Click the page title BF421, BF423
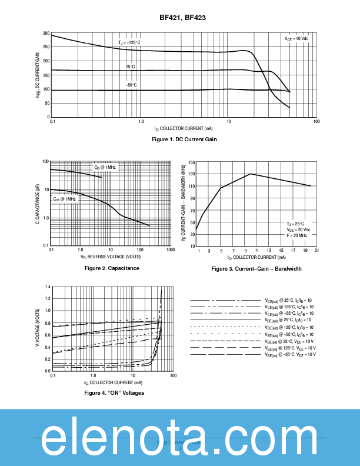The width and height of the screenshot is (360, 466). tap(182, 18)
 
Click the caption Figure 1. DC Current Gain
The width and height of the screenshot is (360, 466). tap(184, 139)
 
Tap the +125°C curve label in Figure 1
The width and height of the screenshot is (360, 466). tap(129, 43)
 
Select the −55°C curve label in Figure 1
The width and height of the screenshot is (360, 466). tap(131, 85)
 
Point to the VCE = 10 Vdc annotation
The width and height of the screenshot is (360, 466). tap(296, 38)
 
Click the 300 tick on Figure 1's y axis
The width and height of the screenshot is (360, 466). tap(46, 33)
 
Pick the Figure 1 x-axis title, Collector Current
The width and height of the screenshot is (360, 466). tap(184, 128)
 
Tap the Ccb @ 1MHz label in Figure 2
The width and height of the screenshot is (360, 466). tap(65, 199)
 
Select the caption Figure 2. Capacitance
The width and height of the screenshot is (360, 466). tap(112, 268)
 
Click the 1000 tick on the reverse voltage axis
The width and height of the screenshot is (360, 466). tap(170, 250)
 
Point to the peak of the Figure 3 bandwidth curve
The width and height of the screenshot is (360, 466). tap(251, 174)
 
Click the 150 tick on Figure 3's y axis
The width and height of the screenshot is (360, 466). tap(192, 162)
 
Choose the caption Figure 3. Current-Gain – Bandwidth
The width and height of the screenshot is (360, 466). tap(256, 269)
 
